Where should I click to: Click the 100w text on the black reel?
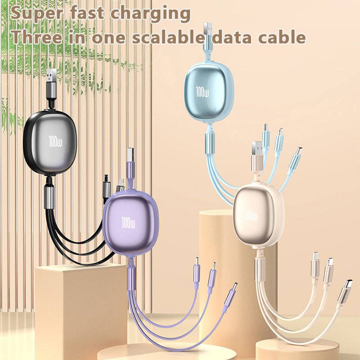click(55, 141)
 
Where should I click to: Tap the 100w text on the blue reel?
click(202, 92)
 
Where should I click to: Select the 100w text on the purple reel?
click(128, 222)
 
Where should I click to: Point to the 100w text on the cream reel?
click(251, 215)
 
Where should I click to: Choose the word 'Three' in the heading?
click(37, 37)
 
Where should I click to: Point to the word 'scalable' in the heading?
click(168, 37)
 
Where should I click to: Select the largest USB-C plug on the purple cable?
click(230, 295)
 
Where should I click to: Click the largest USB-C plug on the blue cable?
click(295, 159)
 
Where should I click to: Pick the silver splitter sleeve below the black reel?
click(49, 197)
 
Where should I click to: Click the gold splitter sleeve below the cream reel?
click(260, 269)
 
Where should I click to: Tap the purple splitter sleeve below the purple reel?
click(131, 279)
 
